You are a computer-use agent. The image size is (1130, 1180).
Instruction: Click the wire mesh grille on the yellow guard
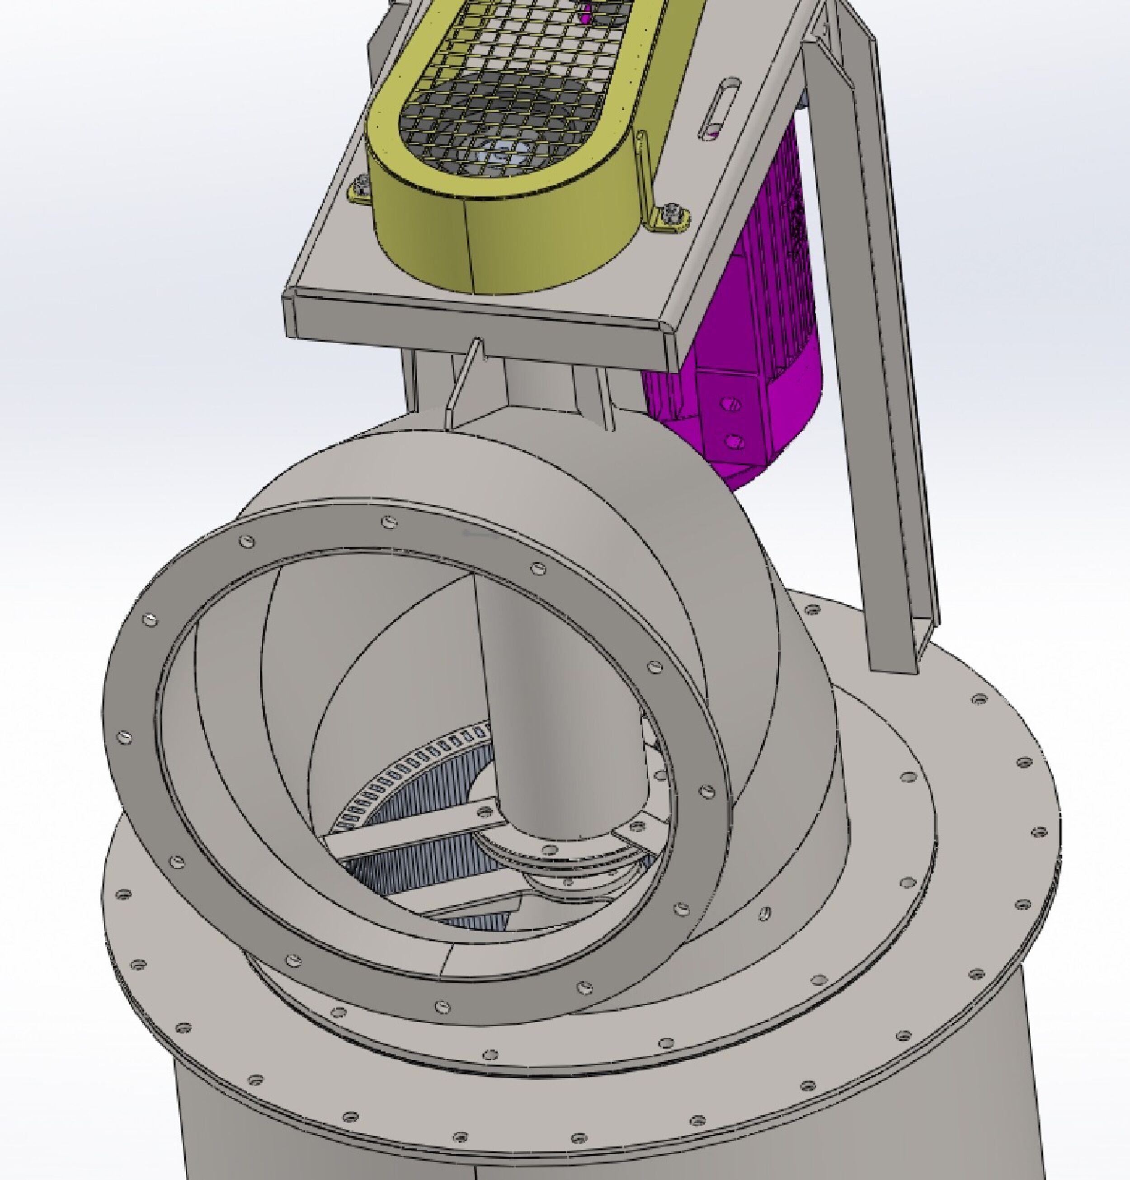tap(518, 90)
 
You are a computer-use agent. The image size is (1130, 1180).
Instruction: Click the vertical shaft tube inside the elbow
tap(542, 692)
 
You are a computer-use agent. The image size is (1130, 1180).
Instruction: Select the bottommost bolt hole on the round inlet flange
tap(443, 1006)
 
